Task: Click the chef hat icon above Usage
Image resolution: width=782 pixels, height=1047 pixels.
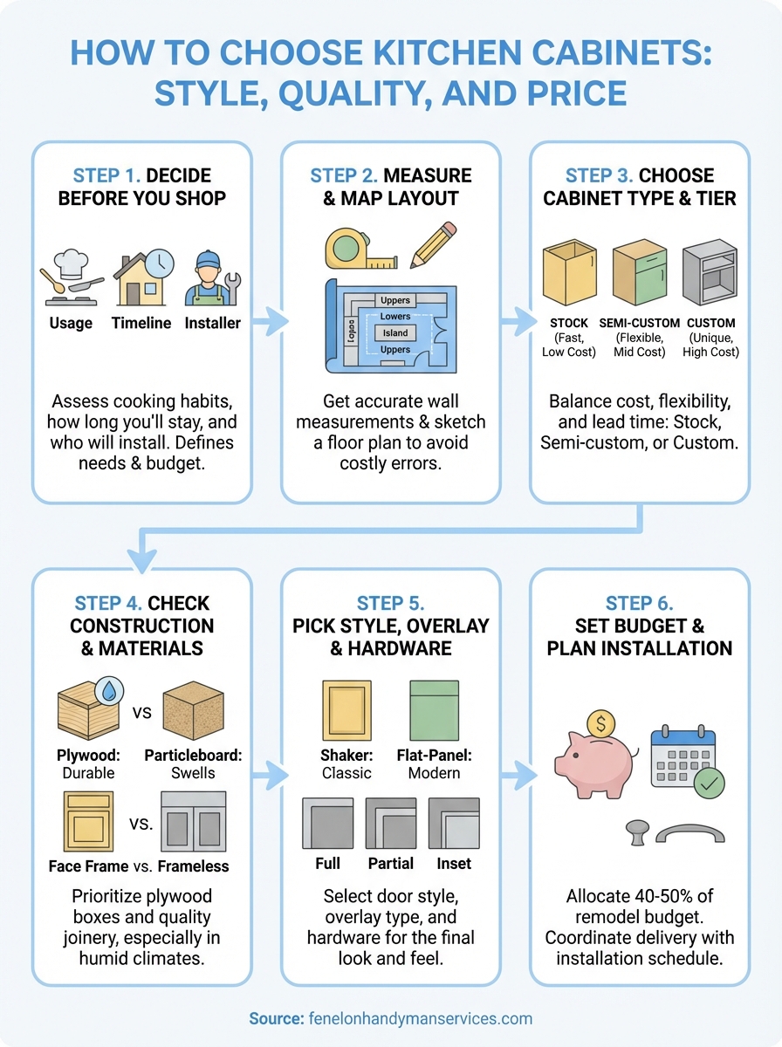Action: [x=71, y=264]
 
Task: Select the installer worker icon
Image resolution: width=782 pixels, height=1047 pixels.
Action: [x=212, y=278]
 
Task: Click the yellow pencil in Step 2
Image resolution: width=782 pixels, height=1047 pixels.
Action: [x=434, y=243]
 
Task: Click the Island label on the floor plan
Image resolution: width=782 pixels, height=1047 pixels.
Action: [x=394, y=332]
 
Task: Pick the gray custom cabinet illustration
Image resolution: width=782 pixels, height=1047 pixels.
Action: [x=710, y=275]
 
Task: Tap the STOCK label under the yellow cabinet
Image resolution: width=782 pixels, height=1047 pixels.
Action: [x=568, y=323]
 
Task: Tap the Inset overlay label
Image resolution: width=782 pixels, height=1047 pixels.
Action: [x=454, y=864]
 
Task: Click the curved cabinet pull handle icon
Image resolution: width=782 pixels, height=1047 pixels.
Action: [x=689, y=835]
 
